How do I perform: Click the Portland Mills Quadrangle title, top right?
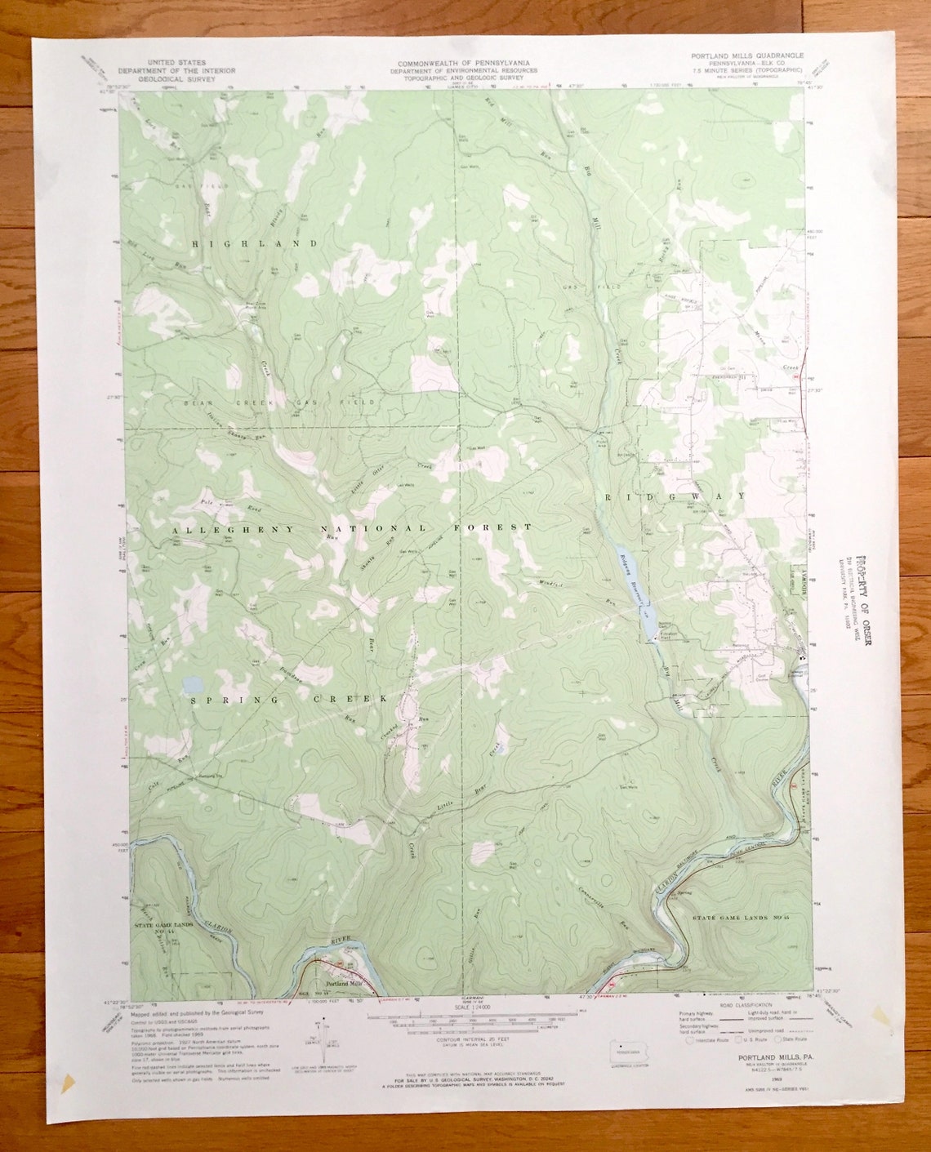pos(746,56)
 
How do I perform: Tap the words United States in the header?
pos(176,62)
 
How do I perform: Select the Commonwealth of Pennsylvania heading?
pos(463,63)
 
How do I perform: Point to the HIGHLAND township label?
pos(255,243)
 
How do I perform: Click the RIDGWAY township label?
pos(675,496)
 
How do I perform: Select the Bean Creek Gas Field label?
pos(269,403)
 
